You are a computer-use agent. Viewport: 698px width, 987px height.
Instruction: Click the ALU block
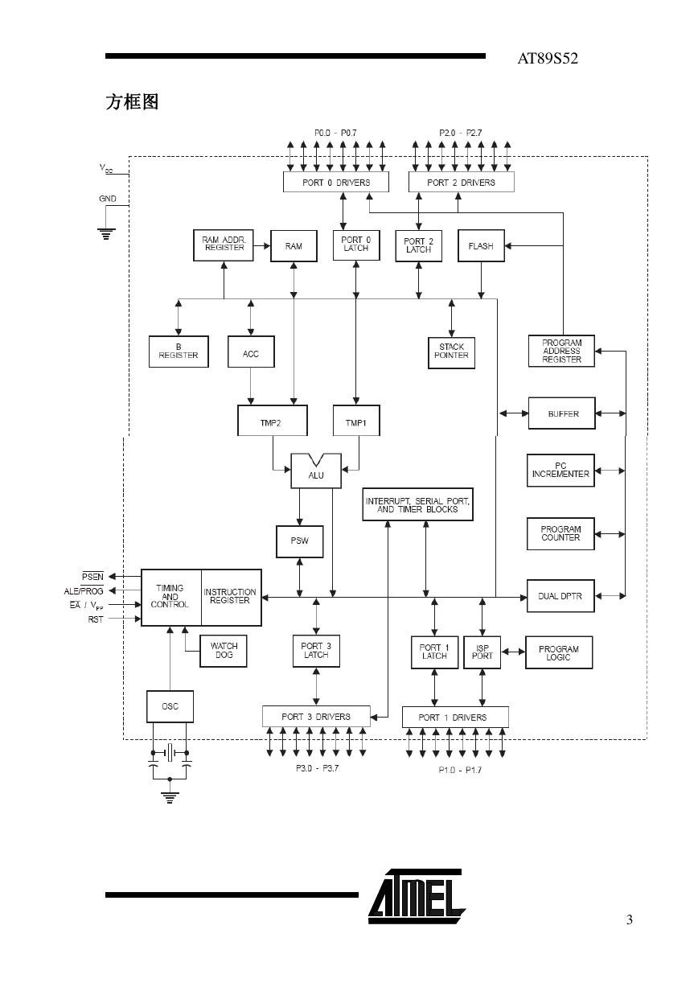(316, 471)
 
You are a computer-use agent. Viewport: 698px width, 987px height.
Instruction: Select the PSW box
(299, 541)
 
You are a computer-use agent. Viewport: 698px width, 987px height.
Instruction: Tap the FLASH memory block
(481, 246)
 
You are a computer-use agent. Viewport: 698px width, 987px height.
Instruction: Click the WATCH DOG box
(224, 651)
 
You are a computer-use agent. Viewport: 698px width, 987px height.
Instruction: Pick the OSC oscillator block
(170, 706)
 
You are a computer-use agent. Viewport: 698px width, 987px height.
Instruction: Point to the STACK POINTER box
(451, 352)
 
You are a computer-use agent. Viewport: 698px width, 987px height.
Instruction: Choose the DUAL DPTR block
(560, 596)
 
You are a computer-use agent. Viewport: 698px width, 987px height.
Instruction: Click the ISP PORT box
(482, 652)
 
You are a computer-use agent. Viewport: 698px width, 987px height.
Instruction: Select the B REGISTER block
(179, 352)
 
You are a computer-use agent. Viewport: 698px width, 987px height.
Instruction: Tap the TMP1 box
(355, 421)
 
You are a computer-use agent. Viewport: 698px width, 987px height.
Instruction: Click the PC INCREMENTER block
(560, 470)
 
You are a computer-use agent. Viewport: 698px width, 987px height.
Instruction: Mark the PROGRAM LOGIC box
(559, 652)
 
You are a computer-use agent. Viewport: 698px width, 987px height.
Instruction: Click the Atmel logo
(417, 896)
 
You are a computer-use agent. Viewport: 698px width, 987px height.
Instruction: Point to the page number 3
(630, 919)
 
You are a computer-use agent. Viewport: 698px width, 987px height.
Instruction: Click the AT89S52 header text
(548, 59)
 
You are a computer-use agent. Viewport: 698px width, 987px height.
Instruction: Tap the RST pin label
(96, 619)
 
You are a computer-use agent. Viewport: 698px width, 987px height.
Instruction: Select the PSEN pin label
(92, 576)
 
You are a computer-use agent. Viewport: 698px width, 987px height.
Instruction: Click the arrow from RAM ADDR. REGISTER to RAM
(262, 245)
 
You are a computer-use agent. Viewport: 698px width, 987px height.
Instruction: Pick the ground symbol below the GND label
(106, 233)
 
